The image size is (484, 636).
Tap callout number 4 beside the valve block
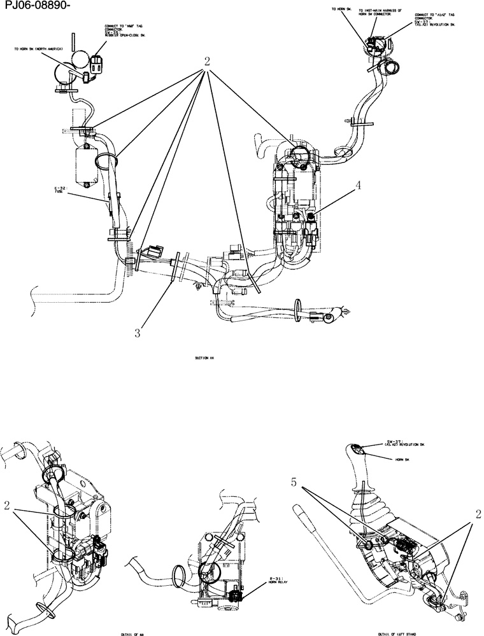pyautogui.click(x=359, y=186)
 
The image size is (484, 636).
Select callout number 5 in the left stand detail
pyautogui.click(x=294, y=483)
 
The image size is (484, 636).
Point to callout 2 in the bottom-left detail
pyautogui.click(x=7, y=506)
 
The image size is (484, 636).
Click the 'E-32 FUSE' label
pyautogui.click(x=60, y=191)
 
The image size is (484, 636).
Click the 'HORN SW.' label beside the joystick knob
pyautogui.click(x=402, y=458)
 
